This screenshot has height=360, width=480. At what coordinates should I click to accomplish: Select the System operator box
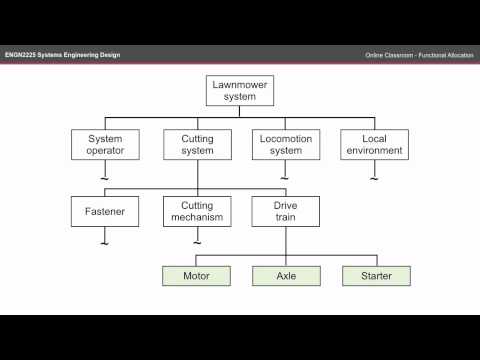coord(105,144)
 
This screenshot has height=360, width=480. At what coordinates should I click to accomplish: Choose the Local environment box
coord(373,144)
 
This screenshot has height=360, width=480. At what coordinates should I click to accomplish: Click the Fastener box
coord(105,210)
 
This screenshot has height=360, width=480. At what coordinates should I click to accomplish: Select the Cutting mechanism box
coord(195,210)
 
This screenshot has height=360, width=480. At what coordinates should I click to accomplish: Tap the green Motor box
coord(195,274)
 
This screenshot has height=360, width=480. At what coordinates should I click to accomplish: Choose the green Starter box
coord(375,274)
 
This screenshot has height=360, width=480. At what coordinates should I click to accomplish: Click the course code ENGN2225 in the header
coord(24,53)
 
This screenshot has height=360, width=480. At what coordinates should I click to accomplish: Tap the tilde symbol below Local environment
coord(373,177)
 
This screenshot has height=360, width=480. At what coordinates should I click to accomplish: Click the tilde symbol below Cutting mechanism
coord(195,241)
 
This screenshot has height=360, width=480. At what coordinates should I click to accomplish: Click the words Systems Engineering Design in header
coord(82,53)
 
